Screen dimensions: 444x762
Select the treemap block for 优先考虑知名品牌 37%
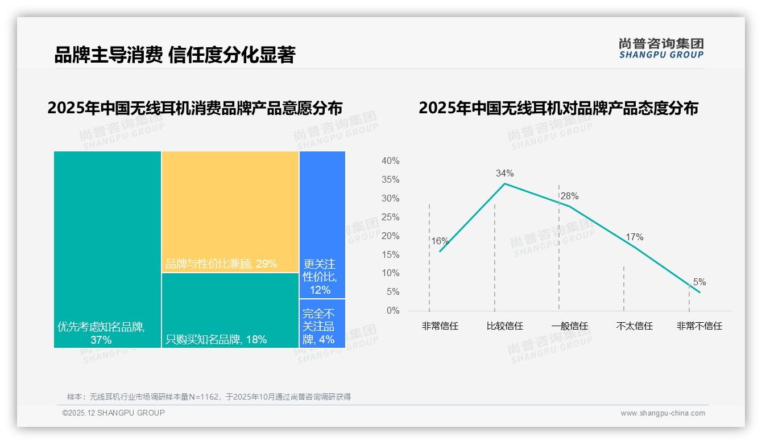pyautogui.click(x=107, y=249)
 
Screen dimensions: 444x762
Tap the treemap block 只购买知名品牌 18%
pyautogui.click(x=230, y=310)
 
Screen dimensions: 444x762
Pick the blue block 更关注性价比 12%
pyautogui.click(x=322, y=224)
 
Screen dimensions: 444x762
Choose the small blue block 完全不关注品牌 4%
pyautogui.click(x=322, y=323)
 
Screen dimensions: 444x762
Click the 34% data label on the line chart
pyautogui.click(x=504, y=173)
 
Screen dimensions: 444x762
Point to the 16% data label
pyautogui.click(x=440, y=241)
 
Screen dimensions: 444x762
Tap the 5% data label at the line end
pyautogui.click(x=699, y=282)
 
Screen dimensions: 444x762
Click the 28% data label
pyautogui.click(x=569, y=196)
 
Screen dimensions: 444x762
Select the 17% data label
pyautogui.click(x=634, y=237)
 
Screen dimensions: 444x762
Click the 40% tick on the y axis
pyautogui.click(x=390, y=161)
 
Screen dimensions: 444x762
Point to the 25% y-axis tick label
pyautogui.click(x=390, y=217)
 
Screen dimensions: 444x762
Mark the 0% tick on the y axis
pyautogui.click(x=392, y=311)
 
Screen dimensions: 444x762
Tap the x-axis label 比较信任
pyautogui.click(x=504, y=326)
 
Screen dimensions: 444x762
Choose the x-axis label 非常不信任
pyautogui.click(x=699, y=326)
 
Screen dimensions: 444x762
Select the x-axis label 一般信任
pyautogui.click(x=569, y=326)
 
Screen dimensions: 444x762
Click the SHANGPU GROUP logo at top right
pyautogui.click(x=661, y=48)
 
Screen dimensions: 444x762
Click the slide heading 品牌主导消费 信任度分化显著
pyautogui.click(x=175, y=55)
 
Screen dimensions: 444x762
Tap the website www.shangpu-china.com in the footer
pyautogui.click(x=662, y=413)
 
